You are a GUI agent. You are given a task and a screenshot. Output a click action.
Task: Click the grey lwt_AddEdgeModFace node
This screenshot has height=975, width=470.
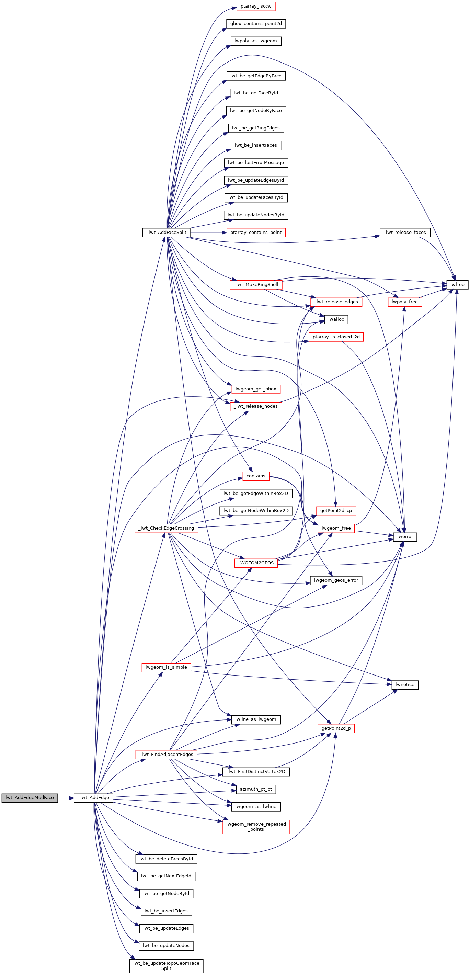pos(30,797)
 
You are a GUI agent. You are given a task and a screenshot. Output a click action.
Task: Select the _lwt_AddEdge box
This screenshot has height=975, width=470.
pos(93,797)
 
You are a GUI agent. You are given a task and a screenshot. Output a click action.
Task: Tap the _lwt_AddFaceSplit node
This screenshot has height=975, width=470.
pos(166,233)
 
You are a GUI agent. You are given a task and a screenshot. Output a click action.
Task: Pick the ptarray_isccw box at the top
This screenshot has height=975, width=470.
pos(256,7)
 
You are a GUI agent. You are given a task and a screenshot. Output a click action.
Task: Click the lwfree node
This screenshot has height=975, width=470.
pos(457,285)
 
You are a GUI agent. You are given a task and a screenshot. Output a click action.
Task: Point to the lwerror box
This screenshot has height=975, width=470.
pos(405,537)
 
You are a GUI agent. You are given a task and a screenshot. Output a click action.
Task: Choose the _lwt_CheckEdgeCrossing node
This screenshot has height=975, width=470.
pos(166,528)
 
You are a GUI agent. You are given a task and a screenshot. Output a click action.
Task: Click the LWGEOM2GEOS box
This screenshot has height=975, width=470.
pos(256,563)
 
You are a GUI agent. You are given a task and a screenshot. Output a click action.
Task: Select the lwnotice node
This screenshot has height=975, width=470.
pos(405,685)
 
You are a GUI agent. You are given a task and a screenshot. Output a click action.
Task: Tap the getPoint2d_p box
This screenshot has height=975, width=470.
pos(336,728)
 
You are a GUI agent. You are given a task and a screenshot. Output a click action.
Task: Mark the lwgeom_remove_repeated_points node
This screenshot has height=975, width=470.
pos(256,827)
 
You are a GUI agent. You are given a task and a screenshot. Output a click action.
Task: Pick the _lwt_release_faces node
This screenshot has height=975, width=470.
pos(405,233)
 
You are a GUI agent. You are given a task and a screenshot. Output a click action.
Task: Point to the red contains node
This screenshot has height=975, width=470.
pos(256,476)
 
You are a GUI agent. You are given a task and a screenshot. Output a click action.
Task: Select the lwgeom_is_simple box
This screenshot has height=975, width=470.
pos(166,667)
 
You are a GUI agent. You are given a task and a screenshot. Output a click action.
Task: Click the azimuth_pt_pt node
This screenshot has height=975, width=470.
pos(256,789)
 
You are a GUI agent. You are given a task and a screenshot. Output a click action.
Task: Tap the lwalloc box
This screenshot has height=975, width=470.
pos(336,319)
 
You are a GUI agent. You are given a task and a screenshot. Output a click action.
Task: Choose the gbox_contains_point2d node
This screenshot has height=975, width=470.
pos(256,24)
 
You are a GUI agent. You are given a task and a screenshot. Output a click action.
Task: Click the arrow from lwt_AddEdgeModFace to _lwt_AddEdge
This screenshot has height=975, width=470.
pos(66,797)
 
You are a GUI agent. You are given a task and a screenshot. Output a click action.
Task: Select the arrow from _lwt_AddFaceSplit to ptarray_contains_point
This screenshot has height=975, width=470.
pos(208,233)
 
